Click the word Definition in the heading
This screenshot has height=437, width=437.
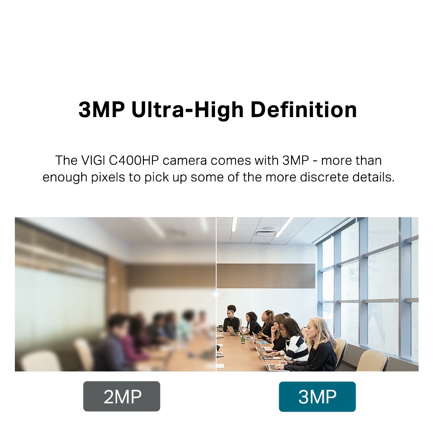point(304,110)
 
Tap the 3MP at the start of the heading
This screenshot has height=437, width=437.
point(101,110)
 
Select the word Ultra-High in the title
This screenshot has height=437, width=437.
point(187,110)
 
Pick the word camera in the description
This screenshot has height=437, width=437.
point(185,161)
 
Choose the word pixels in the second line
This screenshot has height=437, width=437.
point(108,177)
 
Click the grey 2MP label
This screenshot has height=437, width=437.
point(122,396)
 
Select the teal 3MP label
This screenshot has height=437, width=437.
point(317,397)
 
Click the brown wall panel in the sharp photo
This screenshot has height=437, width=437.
point(266,276)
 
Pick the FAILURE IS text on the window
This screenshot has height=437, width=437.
point(383,232)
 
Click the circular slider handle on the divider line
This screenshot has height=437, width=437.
point(216,294)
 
